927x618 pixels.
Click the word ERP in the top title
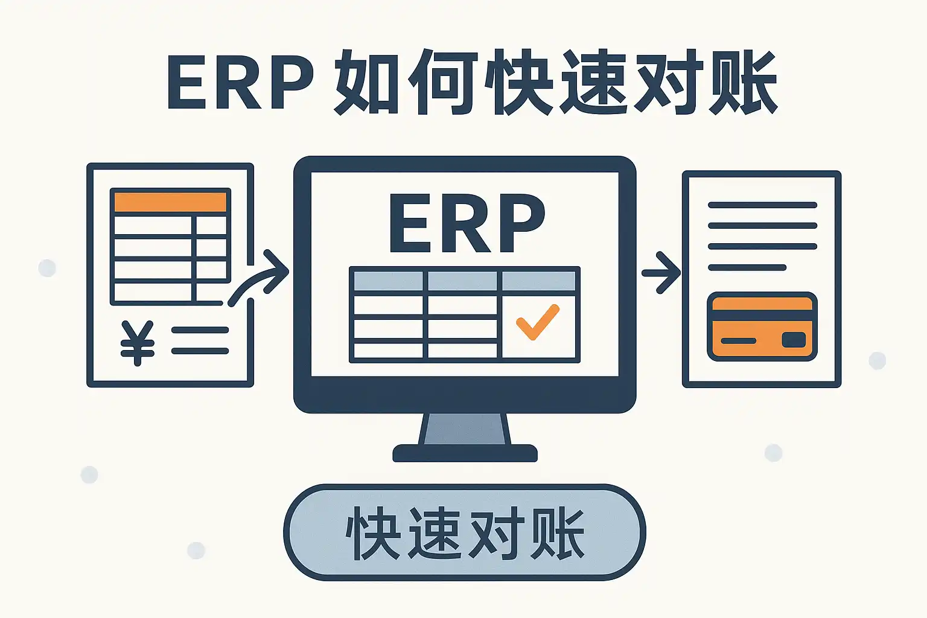240,83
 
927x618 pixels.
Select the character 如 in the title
366,83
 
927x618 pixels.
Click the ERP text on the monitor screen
467,223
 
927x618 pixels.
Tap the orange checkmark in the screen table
537,322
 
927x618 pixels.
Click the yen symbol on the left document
138,343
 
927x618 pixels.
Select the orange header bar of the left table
170,202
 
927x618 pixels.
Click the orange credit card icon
762,327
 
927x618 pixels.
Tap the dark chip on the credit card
793,340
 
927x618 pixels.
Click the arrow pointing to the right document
661,273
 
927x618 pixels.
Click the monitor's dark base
465,453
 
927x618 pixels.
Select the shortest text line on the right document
747,267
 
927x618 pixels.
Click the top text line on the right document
762,205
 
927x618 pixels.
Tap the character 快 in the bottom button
373,533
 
